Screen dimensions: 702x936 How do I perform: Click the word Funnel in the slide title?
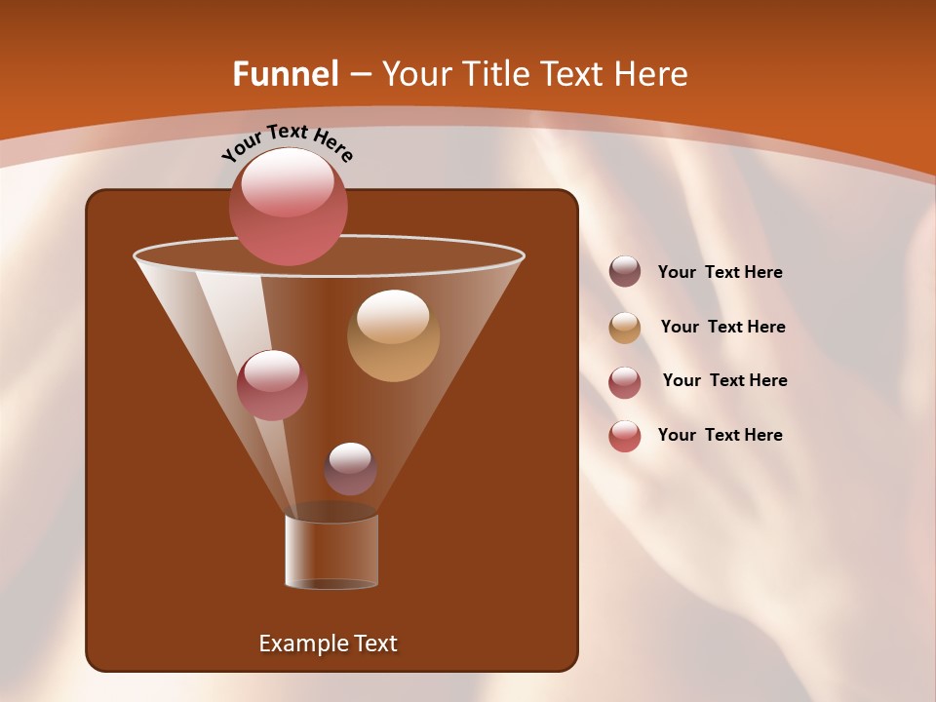click(286, 74)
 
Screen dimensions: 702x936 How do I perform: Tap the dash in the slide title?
click(359, 75)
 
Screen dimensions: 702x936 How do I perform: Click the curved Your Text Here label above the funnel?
click(288, 142)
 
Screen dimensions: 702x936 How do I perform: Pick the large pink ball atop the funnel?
click(289, 207)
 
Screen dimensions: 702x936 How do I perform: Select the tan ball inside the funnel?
click(393, 335)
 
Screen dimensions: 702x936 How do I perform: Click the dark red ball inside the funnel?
click(272, 384)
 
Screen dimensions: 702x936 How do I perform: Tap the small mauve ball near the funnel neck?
click(350, 469)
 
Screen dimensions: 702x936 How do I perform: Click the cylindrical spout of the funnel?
click(331, 552)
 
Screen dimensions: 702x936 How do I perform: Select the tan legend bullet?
click(625, 328)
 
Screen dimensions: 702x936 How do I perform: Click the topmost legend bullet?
click(625, 272)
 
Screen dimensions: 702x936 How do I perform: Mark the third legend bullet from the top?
click(625, 382)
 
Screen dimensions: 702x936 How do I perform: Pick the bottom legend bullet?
click(625, 436)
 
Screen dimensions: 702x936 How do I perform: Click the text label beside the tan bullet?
click(722, 327)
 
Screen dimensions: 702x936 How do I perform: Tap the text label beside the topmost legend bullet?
click(720, 272)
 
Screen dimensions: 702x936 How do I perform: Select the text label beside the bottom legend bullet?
click(720, 435)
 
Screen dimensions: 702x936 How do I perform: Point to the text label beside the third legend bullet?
click(724, 380)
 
